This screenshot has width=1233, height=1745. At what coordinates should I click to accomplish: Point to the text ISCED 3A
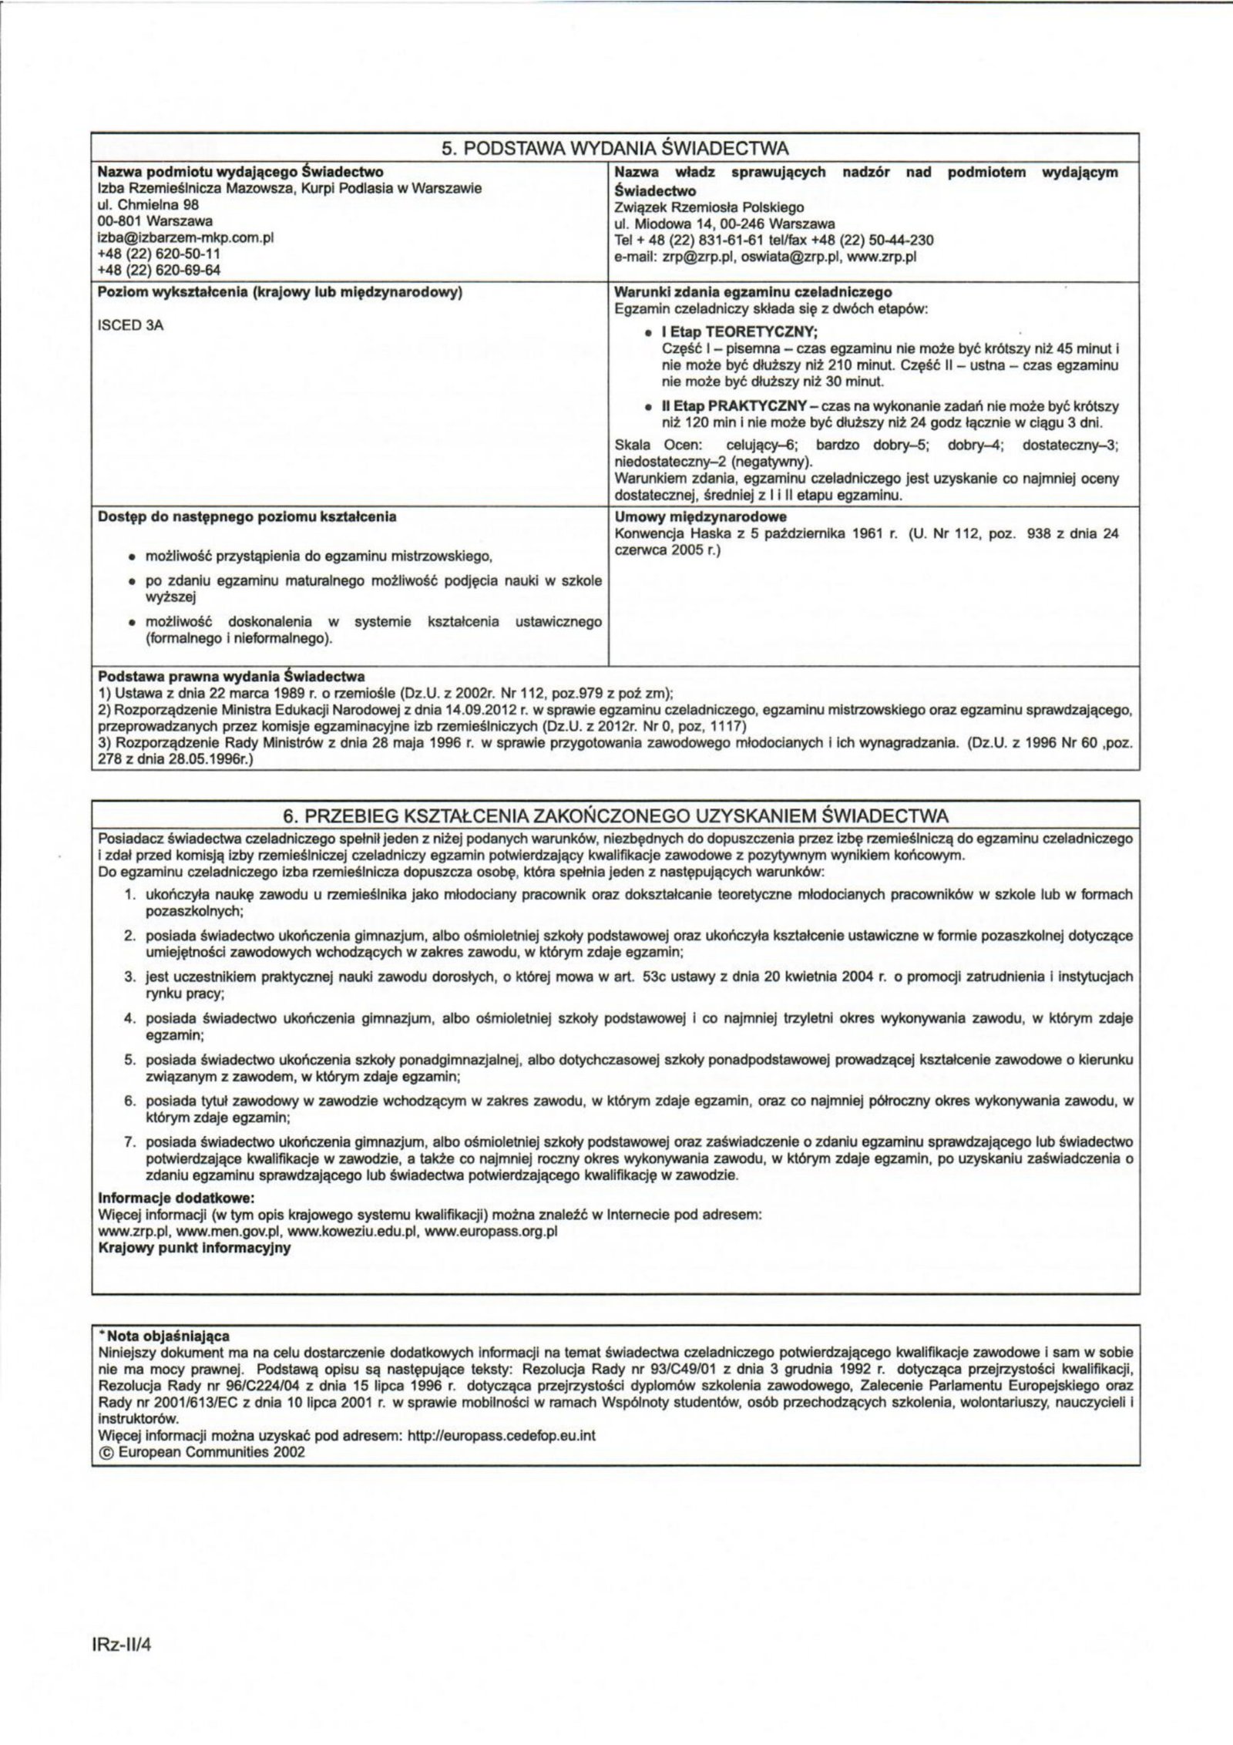[131, 325]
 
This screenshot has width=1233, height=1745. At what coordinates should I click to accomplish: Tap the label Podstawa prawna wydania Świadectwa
[232, 677]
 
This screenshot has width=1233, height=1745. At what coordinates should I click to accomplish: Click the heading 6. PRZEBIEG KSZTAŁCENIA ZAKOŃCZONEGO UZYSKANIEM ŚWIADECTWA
[616, 815]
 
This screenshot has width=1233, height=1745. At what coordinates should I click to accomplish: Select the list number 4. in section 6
[131, 1019]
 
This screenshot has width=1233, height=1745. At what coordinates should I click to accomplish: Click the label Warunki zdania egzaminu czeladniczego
[753, 292]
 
